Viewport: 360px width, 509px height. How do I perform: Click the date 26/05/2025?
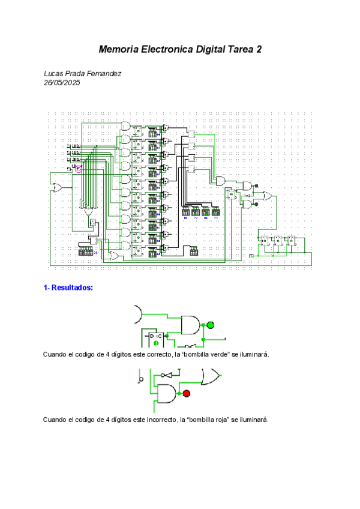tap(62, 83)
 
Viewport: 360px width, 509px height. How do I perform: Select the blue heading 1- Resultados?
tap(68, 288)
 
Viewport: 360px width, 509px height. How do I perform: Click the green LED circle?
tap(210, 325)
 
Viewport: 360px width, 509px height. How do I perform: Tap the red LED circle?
tap(186, 393)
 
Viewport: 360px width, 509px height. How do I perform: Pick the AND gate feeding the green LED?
tap(191, 325)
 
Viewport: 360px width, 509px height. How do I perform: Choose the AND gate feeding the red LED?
tap(167, 393)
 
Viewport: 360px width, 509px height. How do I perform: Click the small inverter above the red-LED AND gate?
tap(169, 375)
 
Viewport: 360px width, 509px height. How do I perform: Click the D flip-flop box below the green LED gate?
tap(156, 339)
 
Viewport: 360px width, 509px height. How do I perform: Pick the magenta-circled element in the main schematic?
tap(77, 170)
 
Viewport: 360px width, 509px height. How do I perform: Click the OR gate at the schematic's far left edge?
tap(58, 187)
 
